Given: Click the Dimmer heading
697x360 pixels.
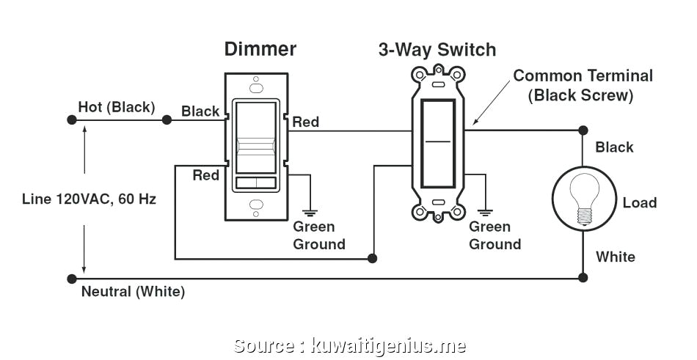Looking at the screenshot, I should (x=260, y=49).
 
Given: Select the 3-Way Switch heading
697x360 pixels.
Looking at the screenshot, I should (x=437, y=50).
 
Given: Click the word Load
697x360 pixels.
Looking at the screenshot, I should (x=639, y=203).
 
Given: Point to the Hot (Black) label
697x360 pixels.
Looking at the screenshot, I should (x=117, y=107).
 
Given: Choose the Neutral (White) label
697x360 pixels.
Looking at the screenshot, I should (x=133, y=292).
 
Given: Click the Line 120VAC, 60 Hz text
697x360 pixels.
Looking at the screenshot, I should (x=88, y=199).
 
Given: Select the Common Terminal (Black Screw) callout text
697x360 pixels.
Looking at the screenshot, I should (x=583, y=85).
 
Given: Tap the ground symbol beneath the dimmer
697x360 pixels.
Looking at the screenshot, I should (x=310, y=211).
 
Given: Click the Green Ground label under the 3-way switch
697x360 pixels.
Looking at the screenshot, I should (x=495, y=235).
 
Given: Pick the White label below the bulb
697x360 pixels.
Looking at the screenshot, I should (x=615, y=257).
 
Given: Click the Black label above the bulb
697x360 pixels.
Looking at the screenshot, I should (x=614, y=147).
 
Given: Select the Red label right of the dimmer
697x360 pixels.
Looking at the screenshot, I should (x=305, y=122).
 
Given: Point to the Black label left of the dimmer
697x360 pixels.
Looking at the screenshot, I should (x=200, y=111).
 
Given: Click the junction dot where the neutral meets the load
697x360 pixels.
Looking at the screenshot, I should (x=583, y=278).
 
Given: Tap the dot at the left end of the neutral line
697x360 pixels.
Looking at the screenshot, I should (x=71, y=279).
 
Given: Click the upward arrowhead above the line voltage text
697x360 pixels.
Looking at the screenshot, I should (x=85, y=130).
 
